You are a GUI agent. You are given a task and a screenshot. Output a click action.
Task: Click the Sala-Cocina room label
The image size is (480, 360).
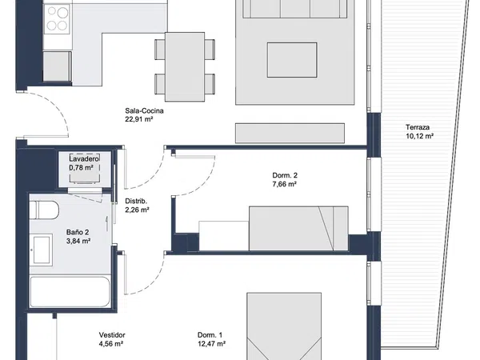click(x=144, y=111)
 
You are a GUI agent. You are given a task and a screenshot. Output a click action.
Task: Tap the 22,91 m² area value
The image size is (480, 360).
click(x=139, y=119)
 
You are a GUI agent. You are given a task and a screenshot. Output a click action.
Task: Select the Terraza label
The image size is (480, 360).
click(x=418, y=127)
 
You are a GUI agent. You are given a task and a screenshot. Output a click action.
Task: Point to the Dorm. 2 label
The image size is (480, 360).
click(x=285, y=175)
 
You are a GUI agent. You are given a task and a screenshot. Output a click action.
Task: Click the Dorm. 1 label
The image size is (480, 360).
click(x=210, y=335)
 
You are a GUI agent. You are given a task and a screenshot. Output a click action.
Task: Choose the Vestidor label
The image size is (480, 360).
click(x=112, y=335)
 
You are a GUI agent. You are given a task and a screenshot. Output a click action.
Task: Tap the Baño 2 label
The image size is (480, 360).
click(x=78, y=232)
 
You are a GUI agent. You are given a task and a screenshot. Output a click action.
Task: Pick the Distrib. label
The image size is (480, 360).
click(x=136, y=201)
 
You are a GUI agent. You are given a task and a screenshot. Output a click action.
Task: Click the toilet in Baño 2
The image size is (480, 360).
click(x=44, y=210)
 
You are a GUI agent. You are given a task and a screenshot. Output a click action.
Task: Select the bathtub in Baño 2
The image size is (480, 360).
click(x=70, y=292)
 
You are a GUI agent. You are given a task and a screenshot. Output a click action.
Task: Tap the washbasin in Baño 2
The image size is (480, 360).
click(x=42, y=250)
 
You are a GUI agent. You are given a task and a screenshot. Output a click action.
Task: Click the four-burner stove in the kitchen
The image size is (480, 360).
click(x=57, y=19)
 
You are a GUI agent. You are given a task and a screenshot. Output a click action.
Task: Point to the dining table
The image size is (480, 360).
click(x=185, y=66)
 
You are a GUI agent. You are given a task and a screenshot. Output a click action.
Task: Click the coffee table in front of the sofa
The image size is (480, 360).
click(x=292, y=60)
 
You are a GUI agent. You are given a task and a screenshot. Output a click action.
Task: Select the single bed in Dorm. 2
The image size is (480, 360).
click(x=298, y=228)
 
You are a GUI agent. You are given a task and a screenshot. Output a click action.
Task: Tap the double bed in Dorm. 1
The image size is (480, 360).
click(x=284, y=326)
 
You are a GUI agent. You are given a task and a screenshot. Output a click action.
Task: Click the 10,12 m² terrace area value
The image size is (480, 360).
click(x=419, y=136)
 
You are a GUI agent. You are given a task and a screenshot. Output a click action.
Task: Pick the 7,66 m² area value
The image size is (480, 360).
click(x=285, y=184)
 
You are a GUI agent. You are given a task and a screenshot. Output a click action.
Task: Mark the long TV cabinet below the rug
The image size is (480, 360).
click(x=290, y=133)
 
